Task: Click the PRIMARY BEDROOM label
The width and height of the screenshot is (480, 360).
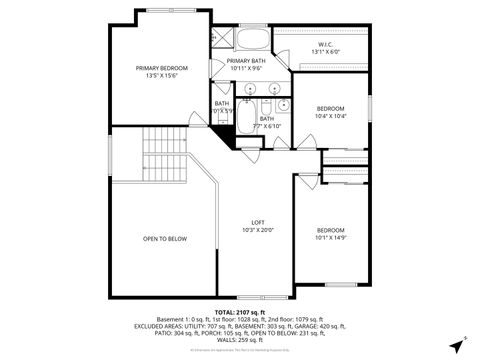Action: pyautogui.click(x=161, y=68)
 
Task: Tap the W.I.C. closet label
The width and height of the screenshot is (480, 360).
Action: pyautogui.click(x=325, y=44)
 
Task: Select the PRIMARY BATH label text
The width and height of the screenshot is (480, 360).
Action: pyautogui.click(x=245, y=61)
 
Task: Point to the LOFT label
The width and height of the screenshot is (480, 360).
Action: pyautogui.click(x=257, y=222)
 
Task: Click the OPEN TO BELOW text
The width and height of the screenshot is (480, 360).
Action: pyautogui.click(x=165, y=239)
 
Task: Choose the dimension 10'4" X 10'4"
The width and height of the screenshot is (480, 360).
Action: pyautogui.click(x=331, y=117)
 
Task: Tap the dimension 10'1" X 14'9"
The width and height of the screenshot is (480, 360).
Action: pyautogui.click(x=330, y=238)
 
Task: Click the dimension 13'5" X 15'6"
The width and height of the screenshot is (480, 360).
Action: pyautogui.click(x=161, y=76)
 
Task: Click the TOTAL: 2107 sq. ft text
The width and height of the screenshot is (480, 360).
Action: pyautogui.click(x=239, y=312)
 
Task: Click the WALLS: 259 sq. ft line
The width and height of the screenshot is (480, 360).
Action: pyautogui.click(x=240, y=340)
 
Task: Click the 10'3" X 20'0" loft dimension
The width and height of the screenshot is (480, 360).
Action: pyautogui.click(x=257, y=230)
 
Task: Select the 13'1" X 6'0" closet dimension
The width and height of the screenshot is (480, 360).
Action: pyautogui.click(x=325, y=52)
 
